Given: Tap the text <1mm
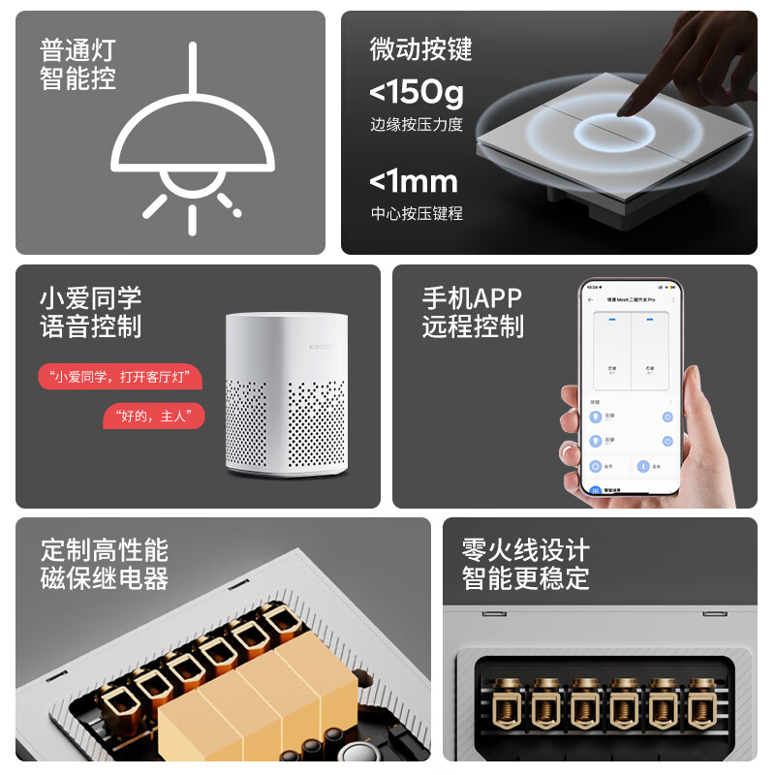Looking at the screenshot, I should click(414, 181).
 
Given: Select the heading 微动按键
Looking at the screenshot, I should click(420, 49).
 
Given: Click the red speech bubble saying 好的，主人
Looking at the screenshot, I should click(154, 417).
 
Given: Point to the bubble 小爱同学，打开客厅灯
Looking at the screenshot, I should click(120, 377).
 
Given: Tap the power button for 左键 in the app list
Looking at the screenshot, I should click(667, 417).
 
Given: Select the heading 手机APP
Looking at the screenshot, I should click(472, 298).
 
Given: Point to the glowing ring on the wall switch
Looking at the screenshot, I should click(614, 135).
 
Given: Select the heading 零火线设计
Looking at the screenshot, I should click(525, 551).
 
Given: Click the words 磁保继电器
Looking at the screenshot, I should click(104, 579).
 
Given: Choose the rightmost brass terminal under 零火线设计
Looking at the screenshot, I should click(703, 702).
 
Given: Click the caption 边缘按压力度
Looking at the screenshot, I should click(417, 124).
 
